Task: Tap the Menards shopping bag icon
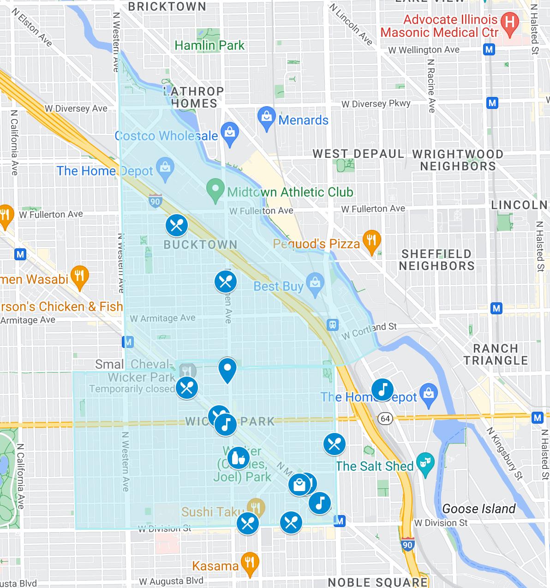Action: (267, 118)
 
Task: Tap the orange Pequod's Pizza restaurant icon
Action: (371, 240)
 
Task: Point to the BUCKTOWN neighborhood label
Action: (200, 245)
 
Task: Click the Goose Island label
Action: (478, 509)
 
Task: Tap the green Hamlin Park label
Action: (209, 45)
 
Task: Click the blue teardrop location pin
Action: (227, 369)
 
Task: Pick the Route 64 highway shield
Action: (385, 419)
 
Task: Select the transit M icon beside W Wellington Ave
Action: (489, 49)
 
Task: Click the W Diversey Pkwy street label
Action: (376, 104)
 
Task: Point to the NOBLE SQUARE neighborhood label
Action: (377, 582)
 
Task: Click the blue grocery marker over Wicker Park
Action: (238, 458)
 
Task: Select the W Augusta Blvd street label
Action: (171, 581)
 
